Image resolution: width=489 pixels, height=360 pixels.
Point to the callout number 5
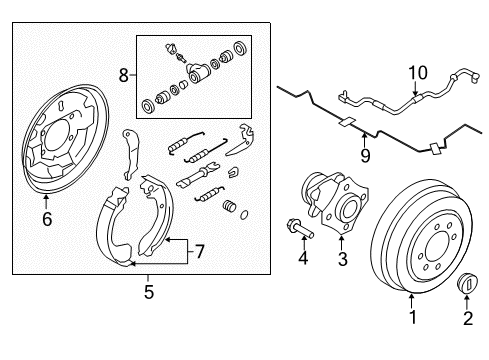148,293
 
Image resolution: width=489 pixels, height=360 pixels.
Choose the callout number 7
199,251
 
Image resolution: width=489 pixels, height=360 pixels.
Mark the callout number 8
124,73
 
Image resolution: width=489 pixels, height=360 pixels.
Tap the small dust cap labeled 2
468,284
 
